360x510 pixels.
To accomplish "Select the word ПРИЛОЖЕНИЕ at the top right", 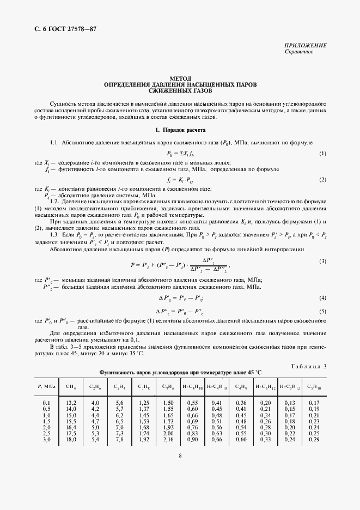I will coord(306,45).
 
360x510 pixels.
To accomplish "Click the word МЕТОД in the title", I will coord(180,78).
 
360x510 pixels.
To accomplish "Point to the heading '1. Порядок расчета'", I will coord(180,130).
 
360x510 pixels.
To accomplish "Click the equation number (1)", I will coord(322,154).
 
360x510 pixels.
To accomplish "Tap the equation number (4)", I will coord(322,298).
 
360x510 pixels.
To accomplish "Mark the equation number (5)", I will coord(322,311).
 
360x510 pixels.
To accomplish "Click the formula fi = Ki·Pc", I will coord(180,179).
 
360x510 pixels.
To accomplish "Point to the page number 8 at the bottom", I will coord(180,458).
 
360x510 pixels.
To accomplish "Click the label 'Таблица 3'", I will coord(308,366).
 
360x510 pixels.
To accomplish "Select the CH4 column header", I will coord(71,386).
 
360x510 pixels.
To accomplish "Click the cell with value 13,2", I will coord(71,403).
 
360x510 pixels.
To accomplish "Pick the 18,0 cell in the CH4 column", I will coord(71,439).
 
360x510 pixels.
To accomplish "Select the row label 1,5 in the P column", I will coord(46,421).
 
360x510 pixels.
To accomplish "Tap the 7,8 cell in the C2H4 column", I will coord(119,439).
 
